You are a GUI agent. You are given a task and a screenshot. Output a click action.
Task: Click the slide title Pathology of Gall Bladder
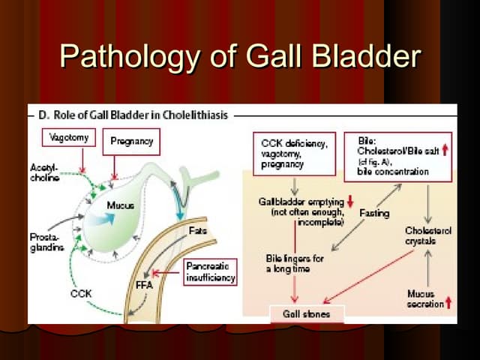(240, 56)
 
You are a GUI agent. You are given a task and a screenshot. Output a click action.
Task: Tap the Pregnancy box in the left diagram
(131, 141)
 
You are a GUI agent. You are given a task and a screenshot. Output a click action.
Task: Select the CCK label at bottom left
(80, 294)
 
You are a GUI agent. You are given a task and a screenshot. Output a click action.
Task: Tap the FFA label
(144, 285)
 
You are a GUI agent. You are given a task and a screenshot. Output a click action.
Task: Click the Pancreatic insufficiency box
(210, 271)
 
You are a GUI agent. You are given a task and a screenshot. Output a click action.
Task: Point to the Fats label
(198, 230)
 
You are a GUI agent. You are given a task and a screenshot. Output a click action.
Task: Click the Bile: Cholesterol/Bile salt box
(398, 157)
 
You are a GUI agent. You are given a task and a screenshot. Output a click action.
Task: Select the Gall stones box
(308, 314)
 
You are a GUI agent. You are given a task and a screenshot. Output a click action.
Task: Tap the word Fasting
(374, 214)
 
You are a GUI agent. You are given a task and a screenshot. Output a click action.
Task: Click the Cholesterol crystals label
(427, 236)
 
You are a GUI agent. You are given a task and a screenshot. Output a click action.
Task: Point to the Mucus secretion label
(424, 299)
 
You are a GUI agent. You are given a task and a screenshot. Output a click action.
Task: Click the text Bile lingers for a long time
(295, 262)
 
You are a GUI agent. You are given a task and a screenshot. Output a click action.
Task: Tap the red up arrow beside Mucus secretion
(448, 303)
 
